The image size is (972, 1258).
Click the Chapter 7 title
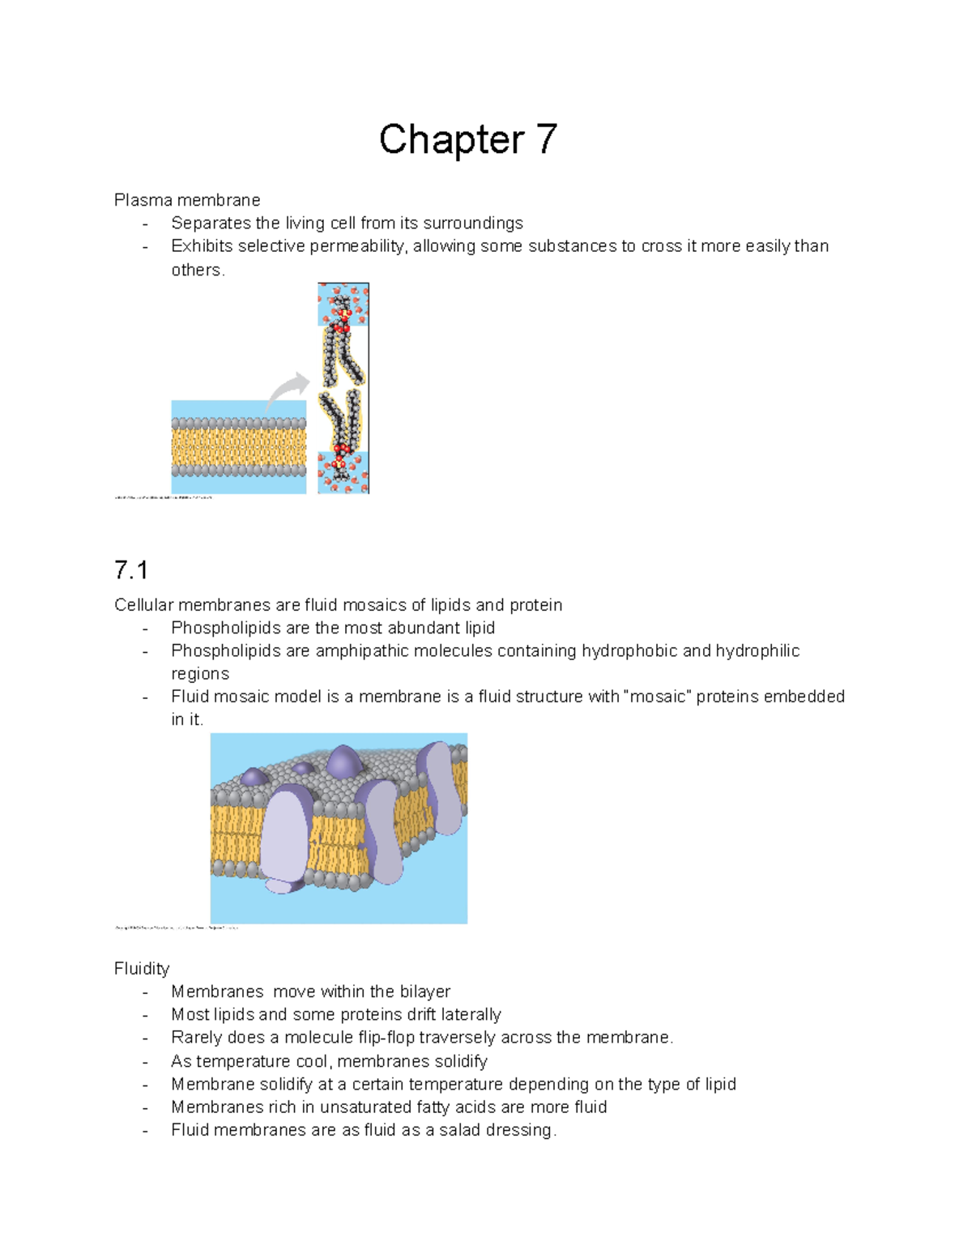(x=467, y=139)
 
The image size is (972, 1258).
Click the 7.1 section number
(x=130, y=570)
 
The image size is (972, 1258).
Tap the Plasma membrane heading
(x=187, y=200)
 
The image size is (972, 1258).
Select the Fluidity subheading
(x=142, y=969)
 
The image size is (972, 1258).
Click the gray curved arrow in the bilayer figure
(x=288, y=390)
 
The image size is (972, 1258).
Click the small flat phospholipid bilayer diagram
(x=238, y=447)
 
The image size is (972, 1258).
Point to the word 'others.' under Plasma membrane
(x=198, y=270)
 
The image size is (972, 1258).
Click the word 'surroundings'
(x=472, y=224)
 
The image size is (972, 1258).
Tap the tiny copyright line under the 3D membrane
(x=176, y=928)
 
